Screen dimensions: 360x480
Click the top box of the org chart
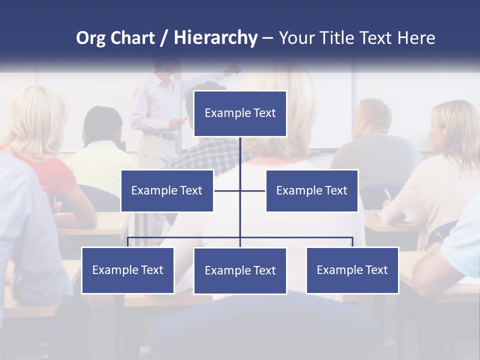pos(240,113)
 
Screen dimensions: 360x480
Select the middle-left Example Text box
pos(167,190)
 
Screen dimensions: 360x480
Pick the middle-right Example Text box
pos(311,190)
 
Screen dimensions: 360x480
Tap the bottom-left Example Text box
pos(127,270)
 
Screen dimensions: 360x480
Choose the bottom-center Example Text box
pos(240,270)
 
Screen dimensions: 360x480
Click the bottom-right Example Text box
pos(352,270)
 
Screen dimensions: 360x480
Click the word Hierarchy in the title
pos(215,38)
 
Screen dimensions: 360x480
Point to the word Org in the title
pos(90,38)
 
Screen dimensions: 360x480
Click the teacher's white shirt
pos(155,105)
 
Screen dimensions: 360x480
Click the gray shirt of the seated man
pos(375,155)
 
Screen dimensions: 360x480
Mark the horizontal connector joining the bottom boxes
pos(185,237)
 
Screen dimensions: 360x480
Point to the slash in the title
pos(163,38)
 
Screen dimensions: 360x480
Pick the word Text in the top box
pos(264,113)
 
